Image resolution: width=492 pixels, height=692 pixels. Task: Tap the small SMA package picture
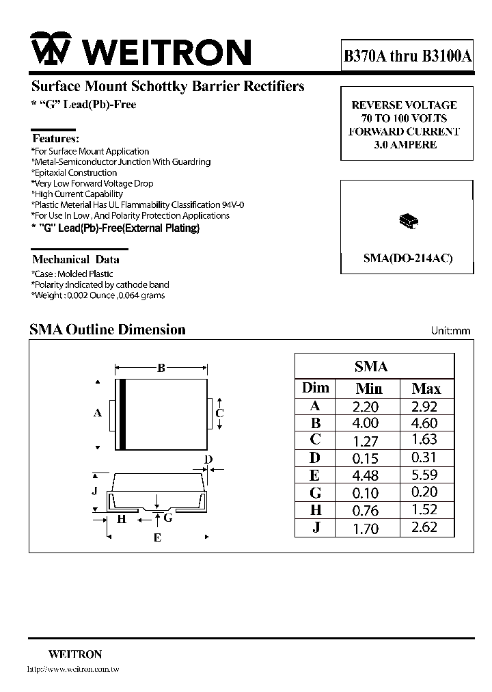407,221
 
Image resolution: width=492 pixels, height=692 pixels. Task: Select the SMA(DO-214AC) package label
407,258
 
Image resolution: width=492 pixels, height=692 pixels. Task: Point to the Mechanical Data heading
76,259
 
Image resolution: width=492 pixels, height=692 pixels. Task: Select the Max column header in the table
426,388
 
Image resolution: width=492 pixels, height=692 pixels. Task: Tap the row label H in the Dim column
315,510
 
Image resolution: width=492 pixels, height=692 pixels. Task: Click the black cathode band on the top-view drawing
122,414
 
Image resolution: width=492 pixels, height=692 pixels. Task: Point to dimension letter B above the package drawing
161,368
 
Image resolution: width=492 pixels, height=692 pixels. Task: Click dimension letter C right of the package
219,413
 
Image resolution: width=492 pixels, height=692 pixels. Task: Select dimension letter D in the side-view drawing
208,459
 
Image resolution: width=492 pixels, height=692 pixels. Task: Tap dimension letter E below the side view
157,538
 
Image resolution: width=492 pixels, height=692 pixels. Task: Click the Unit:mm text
450,331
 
